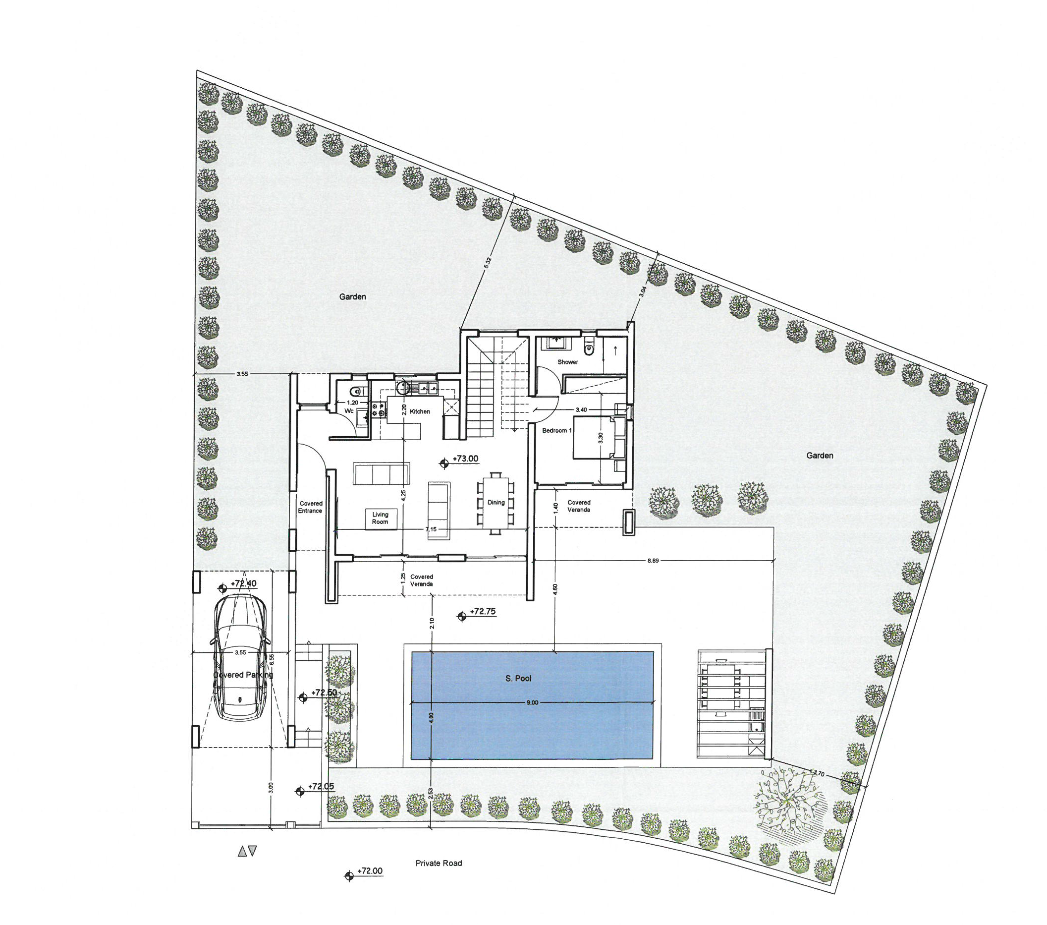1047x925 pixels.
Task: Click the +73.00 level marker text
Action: [465, 459]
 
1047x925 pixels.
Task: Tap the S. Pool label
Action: [518, 679]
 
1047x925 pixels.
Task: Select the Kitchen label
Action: [420, 411]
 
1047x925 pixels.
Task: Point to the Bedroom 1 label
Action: [557, 430]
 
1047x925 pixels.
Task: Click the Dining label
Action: [496, 502]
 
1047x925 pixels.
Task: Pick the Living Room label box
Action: [380, 518]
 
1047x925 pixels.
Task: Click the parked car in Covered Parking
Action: [240, 658]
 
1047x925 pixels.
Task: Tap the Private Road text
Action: [439, 863]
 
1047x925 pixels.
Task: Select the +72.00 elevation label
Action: [370, 870]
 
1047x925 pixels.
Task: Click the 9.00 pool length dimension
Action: [532, 702]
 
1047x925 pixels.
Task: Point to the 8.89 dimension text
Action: [653, 561]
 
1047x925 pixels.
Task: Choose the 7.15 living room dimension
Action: [431, 529]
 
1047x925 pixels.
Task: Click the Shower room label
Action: [567, 362]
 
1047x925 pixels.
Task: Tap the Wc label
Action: [349, 411]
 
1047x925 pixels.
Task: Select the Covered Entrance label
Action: [311, 507]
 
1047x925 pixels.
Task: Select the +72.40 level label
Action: [244, 583]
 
